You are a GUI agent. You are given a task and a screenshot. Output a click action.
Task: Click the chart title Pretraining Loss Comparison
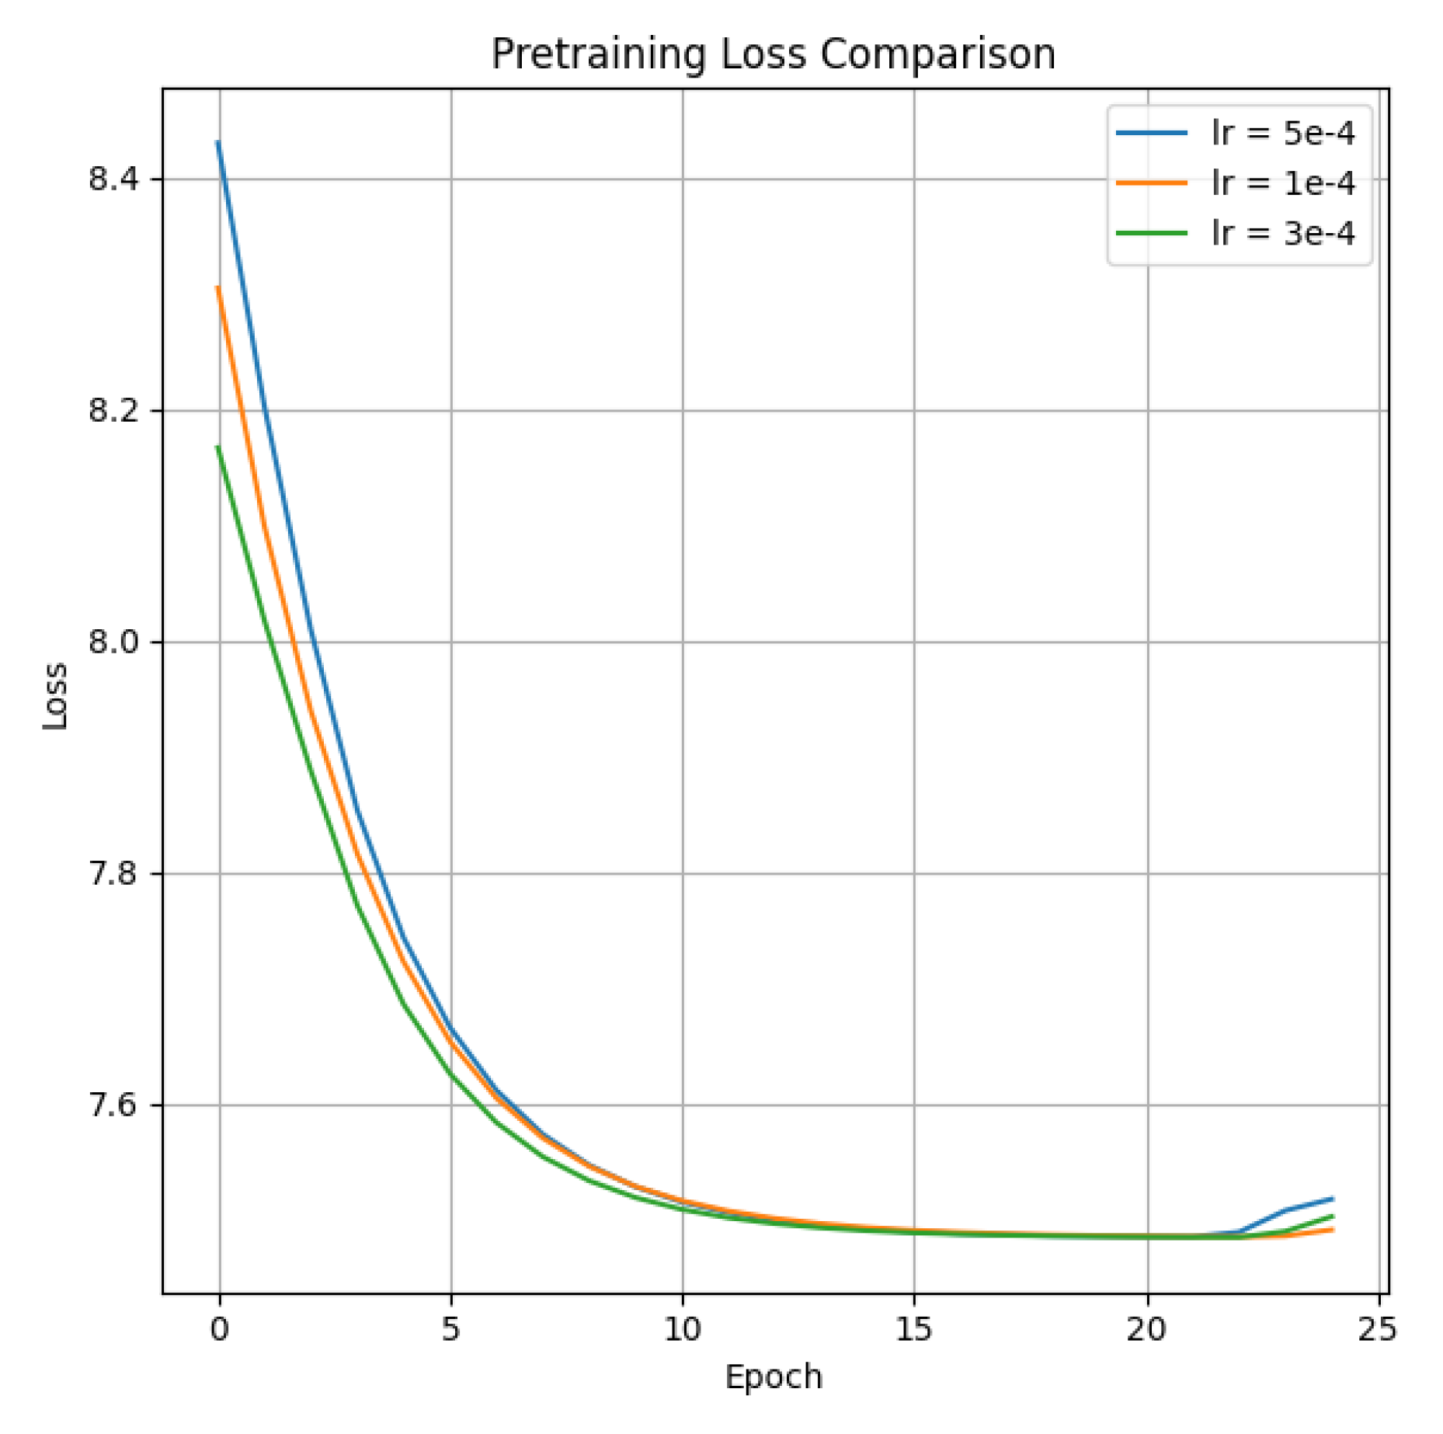pyautogui.click(x=773, y=54)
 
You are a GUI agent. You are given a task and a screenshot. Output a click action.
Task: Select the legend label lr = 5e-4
pyautogui.click(x=1282, y=133)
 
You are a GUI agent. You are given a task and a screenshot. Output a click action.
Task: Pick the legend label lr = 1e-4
pyautogui.click(x=1282, y=183)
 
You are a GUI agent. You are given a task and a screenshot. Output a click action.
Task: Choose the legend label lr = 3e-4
pyautogui.click(x=1282, y=233)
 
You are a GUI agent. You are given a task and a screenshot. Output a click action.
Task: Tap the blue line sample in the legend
pyautogui.click(x=1151, y=133)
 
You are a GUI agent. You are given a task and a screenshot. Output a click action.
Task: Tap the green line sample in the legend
pyautogui.click(x=1151, y=233)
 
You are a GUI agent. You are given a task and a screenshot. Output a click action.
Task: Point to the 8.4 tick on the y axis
pyautogui.click(x=113, y=179)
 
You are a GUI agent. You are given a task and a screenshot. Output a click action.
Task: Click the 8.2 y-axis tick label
pyautogui.click(x=113, y=410)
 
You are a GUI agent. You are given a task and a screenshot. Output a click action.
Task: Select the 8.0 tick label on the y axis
pyautogui.click(x=113, y=642)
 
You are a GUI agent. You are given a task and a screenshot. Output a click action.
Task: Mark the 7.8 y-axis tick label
pyautogui.click(x=113, y=873)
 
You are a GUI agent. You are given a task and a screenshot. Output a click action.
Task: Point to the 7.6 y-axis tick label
pyautogui.click(x=113, y=1105)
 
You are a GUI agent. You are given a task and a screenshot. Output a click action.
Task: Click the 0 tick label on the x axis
pyautogui.click(x=220, y=1330)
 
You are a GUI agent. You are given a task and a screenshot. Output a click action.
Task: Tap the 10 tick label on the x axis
pyautogui.click(x=683, y=1330)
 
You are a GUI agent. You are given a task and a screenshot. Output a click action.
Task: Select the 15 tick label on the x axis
pyautogui.click(x=913, y=1330)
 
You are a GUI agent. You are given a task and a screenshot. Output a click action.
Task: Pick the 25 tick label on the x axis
pyautogui.click(x=1377, y=1330)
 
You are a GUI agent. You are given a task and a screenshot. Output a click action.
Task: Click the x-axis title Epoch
pyautogui.click(x=773, y=1377)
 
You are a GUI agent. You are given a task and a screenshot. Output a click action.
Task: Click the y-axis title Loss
pyautogui.click(x=55, y=696)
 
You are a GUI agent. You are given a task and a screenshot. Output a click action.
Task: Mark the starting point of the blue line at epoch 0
pyautogui.click(x=218, y=142)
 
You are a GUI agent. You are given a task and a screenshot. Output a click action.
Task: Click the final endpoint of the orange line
pyautogui.click(x=1333, y=1230)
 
